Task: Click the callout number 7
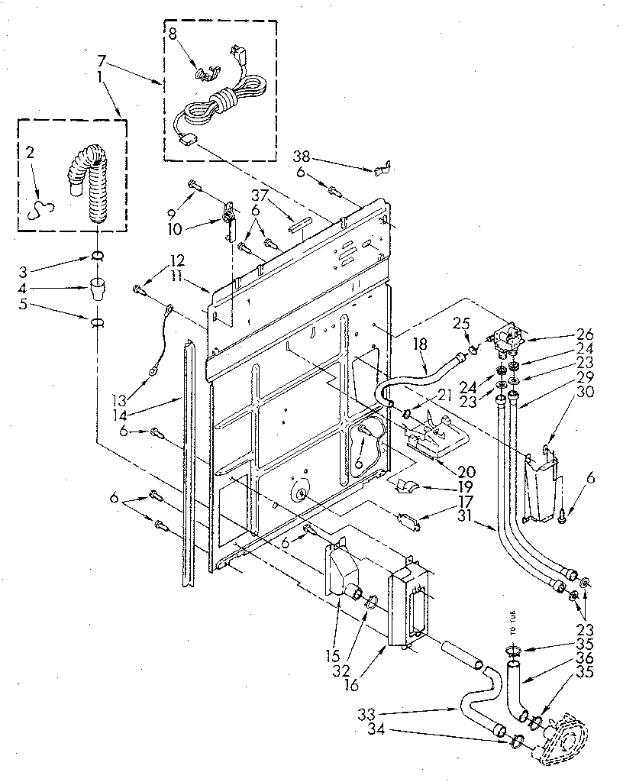[x=102, y=59]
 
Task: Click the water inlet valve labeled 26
[x=505, y=337]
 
